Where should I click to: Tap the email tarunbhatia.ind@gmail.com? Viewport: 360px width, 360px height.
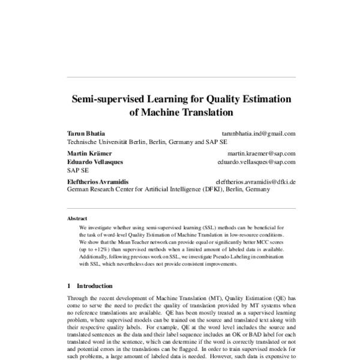[259, 134]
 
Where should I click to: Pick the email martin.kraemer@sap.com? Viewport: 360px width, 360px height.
[262, 154]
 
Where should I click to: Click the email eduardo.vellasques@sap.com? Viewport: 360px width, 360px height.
[256, 162]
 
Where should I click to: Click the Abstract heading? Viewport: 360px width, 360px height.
[77, 219]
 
